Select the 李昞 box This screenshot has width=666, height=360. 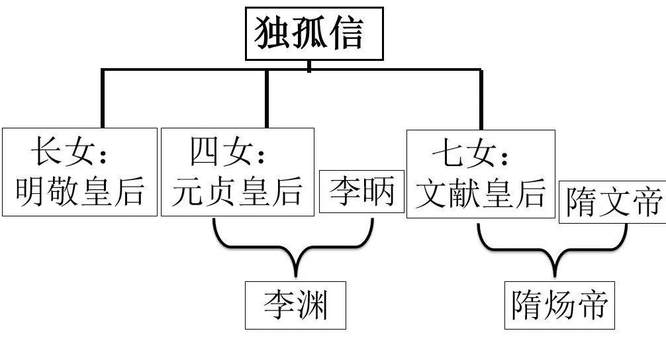tap(361, 191)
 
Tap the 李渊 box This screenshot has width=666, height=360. tap(295, 305)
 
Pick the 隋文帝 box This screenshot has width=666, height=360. tap(612, 201)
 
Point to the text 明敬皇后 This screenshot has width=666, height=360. tap(79, 191)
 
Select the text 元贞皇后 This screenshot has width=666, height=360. tap(237, 191)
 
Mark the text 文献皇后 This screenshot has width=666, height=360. tap(481, 193)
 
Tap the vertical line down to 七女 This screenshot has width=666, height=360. tap(481, 99)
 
